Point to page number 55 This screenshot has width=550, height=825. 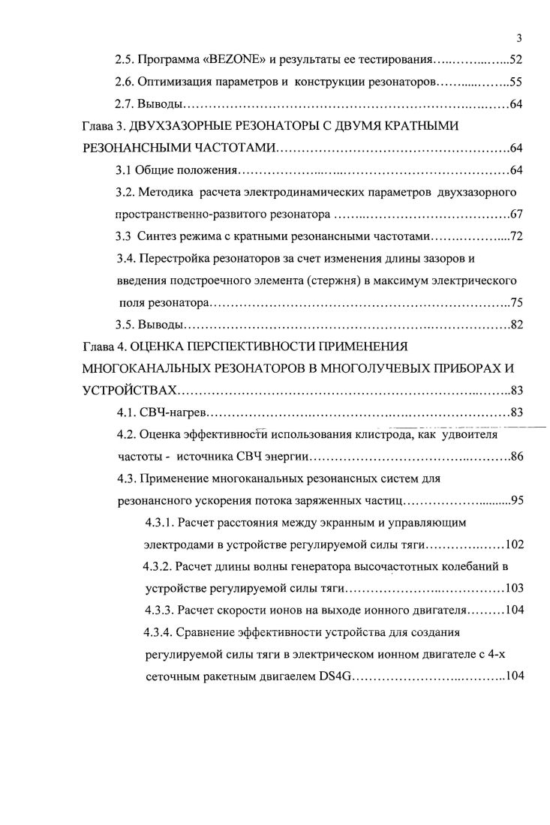click(515, 82)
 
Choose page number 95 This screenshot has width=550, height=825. click(515, 500)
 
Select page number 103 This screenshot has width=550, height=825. click(514, 589)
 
